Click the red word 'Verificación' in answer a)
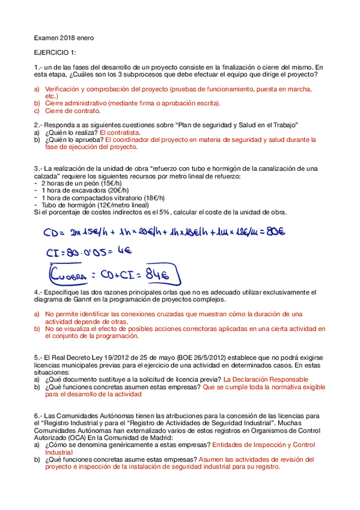tap(64, 88)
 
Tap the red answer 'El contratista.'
tap(119, 132)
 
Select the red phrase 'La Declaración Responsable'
tap(265, 379)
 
